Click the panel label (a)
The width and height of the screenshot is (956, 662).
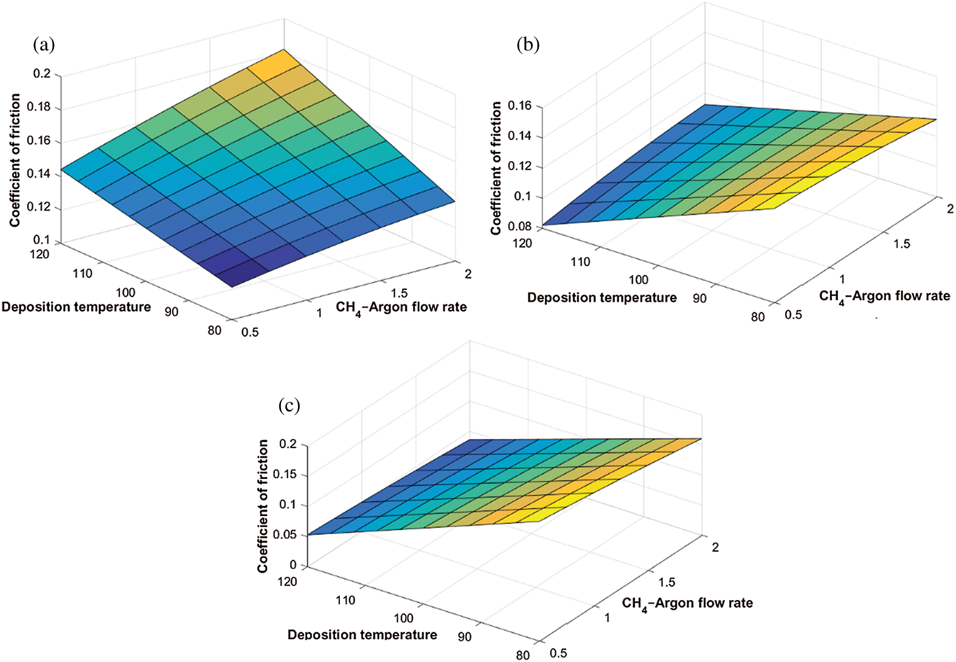45,44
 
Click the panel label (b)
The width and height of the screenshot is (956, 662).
527,44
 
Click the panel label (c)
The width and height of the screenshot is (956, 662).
289,405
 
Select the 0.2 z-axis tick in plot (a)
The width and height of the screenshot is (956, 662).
43,74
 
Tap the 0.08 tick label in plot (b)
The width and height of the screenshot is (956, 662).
520,227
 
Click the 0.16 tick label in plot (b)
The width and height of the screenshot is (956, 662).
520,106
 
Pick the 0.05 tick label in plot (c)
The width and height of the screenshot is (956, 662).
285,535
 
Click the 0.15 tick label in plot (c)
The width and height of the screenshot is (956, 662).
285,474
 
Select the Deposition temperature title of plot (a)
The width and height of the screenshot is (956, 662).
76,307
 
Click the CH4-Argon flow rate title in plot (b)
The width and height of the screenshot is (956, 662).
884,297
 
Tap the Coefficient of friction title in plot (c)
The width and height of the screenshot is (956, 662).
263,506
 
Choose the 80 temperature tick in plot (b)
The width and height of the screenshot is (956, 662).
758,317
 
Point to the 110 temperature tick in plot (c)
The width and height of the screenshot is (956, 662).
345,601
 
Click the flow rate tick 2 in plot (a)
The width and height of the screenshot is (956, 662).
468,274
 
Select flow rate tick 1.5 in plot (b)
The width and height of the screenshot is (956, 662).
901,244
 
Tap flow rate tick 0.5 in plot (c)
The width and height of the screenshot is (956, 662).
558,653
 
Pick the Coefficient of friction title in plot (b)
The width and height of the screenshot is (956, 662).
496,168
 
